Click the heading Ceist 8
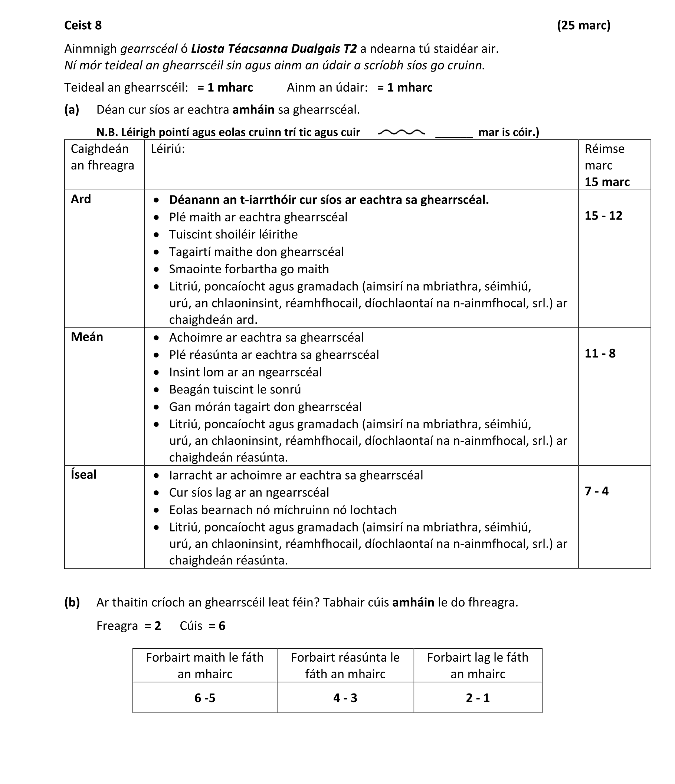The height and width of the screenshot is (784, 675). (83, 25)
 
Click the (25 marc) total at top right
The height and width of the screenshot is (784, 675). (583, 25)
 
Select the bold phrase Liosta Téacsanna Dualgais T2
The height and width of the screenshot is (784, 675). (274, 49)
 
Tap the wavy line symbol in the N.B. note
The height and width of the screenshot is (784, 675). (401, 132)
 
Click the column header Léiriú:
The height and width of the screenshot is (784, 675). (168, 149)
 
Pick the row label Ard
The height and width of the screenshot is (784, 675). (81, 199)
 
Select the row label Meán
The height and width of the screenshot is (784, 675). (87, 337)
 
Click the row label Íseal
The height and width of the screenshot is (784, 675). (83, 474)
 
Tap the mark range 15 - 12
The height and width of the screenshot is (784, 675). (603, 216)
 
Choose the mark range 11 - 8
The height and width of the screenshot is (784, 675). (600, 353)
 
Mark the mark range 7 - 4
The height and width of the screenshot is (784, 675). (596, 491)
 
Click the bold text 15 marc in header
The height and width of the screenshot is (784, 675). (607, 182)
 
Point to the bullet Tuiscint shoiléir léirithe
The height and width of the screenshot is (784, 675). (233, 235)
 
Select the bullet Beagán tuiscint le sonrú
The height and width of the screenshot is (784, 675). (235, 389)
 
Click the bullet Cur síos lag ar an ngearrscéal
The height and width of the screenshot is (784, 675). (249, 492)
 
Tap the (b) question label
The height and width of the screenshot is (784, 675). (72, 602)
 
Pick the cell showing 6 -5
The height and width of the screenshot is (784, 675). (205, 698)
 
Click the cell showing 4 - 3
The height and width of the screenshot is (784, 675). (345, 698)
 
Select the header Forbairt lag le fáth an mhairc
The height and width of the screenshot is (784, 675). (477, 666)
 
